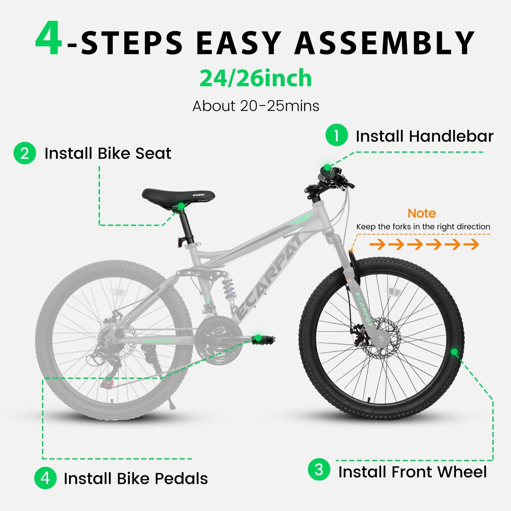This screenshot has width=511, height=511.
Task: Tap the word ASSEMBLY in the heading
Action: point(384,43)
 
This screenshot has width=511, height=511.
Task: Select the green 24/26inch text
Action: point(255,78)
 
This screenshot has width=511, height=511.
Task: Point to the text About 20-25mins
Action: point(255,106)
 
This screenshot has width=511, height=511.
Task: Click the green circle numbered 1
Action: point(336,135)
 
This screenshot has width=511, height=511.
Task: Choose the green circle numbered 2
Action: point(25,153)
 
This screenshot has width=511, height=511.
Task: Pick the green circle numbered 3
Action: point(319,470)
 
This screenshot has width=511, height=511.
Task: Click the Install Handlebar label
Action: point(424,136)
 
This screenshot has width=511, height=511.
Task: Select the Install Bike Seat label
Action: point(108,153)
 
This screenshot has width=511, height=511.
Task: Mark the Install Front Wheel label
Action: point(412,472)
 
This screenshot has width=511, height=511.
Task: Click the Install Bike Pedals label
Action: point(135,478)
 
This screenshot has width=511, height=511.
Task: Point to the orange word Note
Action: point(422,213)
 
